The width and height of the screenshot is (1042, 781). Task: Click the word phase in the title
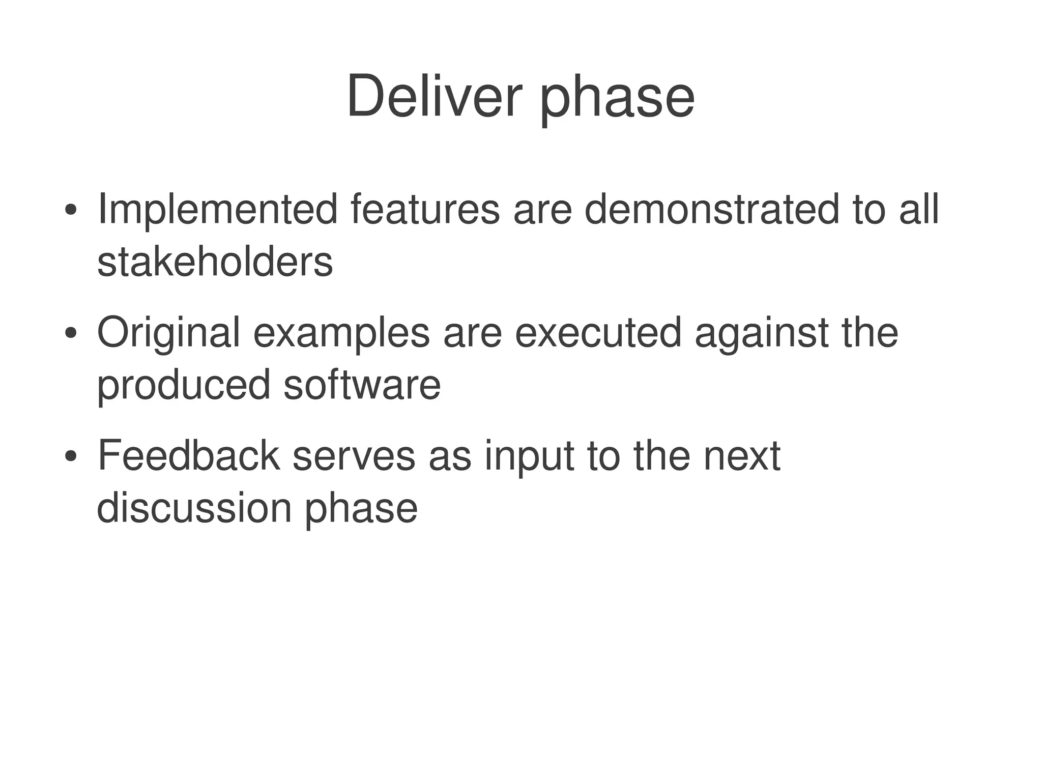coord(617,99)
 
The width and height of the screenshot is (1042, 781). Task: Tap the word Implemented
coord(217,210)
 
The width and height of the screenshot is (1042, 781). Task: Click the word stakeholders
coord(215,262)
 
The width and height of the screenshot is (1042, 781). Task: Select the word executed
coord(598,332)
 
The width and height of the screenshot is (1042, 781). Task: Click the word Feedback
coord(188,456)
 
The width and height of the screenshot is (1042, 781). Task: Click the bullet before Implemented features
coord(71,210)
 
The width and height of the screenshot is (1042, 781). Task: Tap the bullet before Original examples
coord(71,333)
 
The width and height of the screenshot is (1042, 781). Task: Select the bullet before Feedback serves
coord(71,456)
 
